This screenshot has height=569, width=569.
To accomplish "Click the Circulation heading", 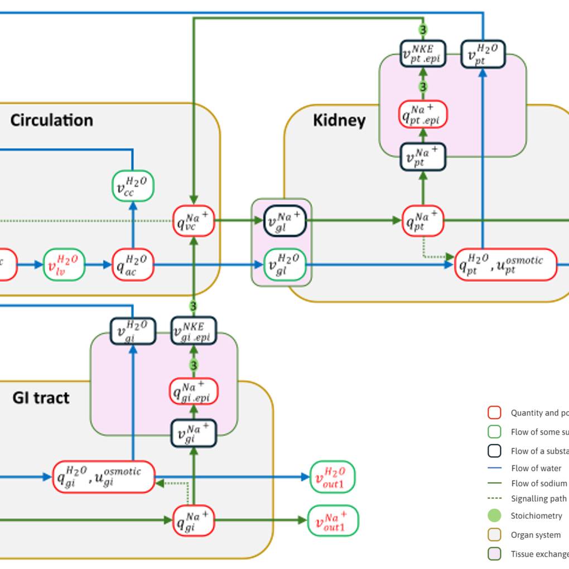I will pos(51,120).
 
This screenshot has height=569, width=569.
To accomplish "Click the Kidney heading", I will pos(339,120).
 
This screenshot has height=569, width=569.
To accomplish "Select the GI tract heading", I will pos(41,398).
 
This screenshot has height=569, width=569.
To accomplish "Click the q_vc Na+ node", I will pos(194,221).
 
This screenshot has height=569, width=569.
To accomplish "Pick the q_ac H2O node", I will pos(133,264).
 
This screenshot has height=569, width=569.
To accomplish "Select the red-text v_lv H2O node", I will pos(64,264).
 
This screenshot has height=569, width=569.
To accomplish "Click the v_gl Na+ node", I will pos(284,221).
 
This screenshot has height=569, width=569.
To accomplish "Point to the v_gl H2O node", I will pos(284,264).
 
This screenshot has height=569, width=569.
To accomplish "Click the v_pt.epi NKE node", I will pos(423,54).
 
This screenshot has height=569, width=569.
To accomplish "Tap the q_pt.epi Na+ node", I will pos(423,114).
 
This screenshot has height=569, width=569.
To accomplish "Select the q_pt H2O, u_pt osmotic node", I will pos(506,264).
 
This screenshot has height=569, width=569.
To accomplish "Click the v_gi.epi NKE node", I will pos(194,331).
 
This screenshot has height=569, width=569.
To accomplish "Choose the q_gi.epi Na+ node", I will pos(194,391).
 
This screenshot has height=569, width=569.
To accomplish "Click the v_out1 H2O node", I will pos(332,477).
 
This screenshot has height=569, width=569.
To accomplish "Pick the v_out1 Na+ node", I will pos(333,520).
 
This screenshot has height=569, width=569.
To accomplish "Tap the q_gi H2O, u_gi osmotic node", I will pos(104,477).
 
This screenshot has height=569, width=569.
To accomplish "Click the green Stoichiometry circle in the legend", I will pos(494,515).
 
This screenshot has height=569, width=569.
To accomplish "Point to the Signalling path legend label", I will pos(538,499).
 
